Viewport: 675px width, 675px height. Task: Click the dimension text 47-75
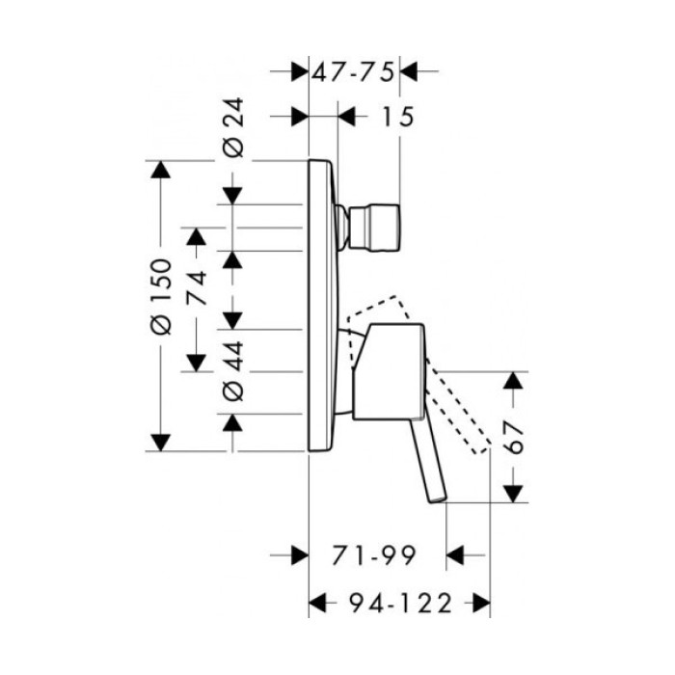point(354,70)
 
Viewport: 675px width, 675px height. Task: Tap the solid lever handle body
point(386,372)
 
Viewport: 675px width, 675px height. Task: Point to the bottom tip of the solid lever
point(438,499)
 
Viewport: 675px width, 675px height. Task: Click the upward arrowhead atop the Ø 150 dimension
point(161,170)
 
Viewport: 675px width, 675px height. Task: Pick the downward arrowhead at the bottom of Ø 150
point(161,441)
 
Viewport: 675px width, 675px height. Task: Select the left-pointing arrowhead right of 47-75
point(410,70)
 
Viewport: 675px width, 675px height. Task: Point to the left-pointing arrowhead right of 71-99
point(456,555)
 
